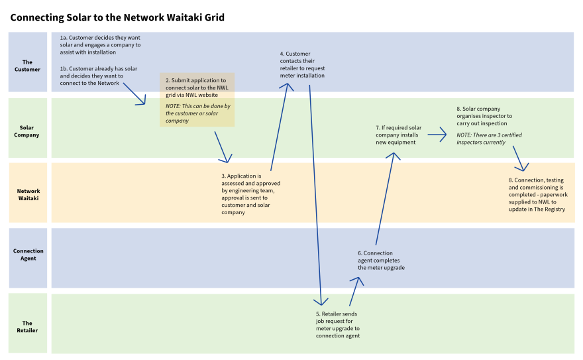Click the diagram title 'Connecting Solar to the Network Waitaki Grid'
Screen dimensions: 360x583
point(117,17)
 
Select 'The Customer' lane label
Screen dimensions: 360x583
point(28,66)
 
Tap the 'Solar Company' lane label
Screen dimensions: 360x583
point(28,131)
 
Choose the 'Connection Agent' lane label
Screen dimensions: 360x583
point(28,255)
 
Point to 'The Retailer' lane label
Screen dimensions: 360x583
point(28,326)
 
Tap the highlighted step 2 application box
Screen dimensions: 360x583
point(197,100)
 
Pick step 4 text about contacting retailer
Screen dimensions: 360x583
point(302,64)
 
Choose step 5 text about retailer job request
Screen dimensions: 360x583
point(338,324)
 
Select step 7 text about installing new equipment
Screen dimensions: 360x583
point(398,135)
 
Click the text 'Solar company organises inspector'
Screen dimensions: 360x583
point(484,116)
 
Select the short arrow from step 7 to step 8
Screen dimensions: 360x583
point(437,135)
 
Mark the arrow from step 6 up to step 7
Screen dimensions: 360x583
point(385,199)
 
